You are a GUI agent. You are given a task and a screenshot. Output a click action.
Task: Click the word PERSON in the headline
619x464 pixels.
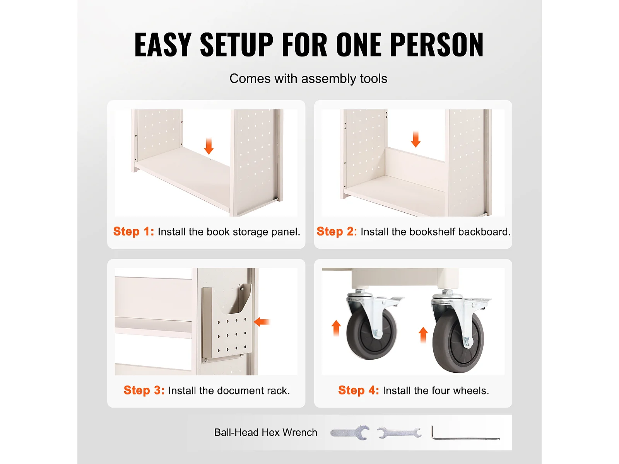point(437,44)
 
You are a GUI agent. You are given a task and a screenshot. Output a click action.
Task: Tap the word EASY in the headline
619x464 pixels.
point(163,44)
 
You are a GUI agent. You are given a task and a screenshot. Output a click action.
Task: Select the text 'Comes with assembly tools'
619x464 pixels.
point(308,78)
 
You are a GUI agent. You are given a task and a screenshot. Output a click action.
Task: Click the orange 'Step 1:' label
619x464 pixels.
point(134,231)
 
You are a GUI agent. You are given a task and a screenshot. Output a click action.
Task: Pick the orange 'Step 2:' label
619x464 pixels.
point(337,231)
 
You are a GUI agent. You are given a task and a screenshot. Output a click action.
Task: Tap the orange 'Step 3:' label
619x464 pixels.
point(144,390)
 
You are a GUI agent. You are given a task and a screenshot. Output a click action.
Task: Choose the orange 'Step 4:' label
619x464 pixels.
point(359,390)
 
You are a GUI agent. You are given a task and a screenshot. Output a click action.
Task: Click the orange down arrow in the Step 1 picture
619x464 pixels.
point(209,146)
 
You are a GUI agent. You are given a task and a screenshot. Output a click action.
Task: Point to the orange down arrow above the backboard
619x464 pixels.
point(416,139)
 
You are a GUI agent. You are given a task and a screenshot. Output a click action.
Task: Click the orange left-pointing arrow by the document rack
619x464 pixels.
point(262,322)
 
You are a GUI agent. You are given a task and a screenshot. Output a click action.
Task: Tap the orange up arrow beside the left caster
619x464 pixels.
point(336,328)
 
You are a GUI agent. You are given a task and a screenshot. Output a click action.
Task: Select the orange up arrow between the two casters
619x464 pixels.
point(423,335)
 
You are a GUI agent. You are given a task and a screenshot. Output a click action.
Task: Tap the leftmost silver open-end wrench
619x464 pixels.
point(350,432)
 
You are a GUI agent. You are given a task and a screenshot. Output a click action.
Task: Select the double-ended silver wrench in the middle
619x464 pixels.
point(399,433)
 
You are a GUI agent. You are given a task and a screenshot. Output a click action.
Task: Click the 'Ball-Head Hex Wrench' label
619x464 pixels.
point(266,432)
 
